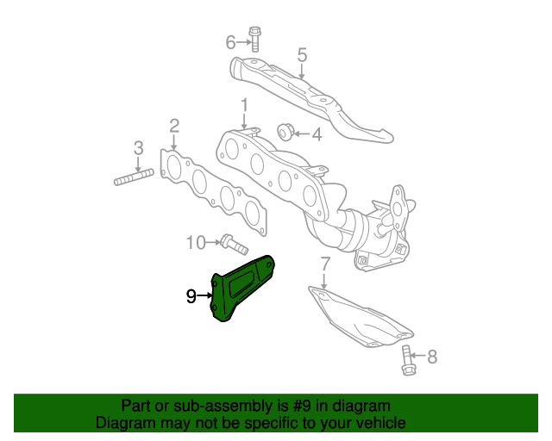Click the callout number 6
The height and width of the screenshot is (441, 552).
pos(230,41)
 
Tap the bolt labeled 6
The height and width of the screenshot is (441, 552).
pos(255,40)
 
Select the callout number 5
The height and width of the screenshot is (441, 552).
pos(302,56)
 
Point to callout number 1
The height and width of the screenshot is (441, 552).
pos(244,105)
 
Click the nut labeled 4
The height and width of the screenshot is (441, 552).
pos(284,132)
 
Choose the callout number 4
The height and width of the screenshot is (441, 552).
pos(317,134)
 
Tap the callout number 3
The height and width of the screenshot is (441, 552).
pos(138,148)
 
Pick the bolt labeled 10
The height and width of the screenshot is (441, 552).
pos(230,243)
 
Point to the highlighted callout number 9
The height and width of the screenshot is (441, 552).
pos(191,297)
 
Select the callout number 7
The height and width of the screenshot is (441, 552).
pos(324,263)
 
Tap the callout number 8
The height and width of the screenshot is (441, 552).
pos(432,355)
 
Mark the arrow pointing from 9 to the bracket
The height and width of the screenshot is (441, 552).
pos(206,296)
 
